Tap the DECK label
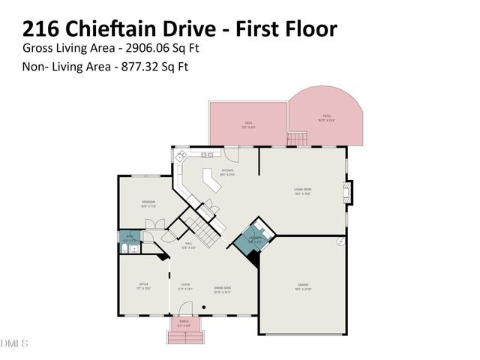click(x=248, y=124)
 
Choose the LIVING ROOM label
click(x=302, y=190)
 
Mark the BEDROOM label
click(x=148, y=203)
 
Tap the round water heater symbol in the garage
click(x=341, y=241)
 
